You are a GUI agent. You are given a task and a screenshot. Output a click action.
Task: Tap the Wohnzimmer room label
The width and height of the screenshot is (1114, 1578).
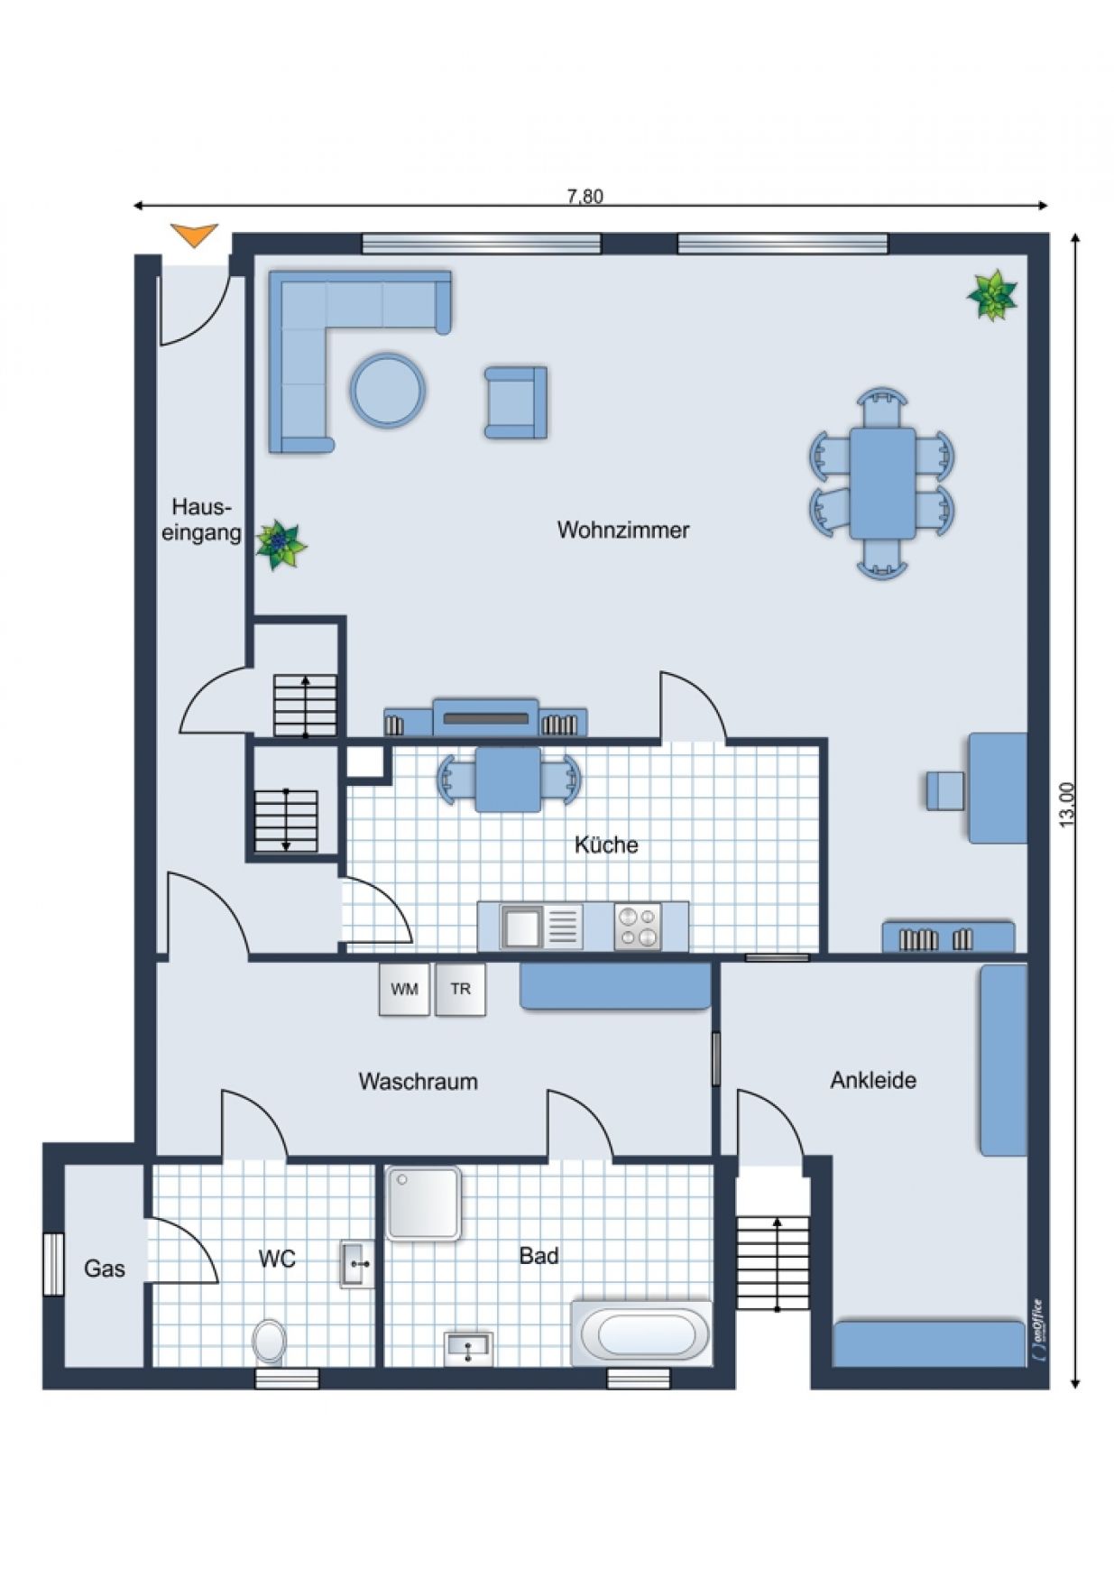(x=623, y=530)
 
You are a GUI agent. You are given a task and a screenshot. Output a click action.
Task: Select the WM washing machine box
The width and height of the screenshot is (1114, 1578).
(x=404, y=989)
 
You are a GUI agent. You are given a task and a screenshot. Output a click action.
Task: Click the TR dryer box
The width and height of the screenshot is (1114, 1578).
(x=460, y=989)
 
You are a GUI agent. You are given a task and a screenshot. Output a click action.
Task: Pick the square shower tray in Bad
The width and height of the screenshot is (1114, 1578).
(x=424, y=1203)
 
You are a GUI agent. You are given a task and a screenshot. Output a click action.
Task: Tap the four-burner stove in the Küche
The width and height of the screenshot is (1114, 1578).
(x=637, y=927)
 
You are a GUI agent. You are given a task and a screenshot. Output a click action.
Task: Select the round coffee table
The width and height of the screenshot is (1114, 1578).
(x=388, y=390)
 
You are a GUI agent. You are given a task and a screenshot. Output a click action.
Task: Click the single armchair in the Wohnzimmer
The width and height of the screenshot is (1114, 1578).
(x=516, y=402)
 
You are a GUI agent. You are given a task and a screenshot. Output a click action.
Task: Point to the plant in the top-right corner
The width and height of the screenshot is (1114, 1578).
(x=992, y=295)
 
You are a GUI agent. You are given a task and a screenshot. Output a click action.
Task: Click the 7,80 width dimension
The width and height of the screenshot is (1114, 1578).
(x=585, y=197)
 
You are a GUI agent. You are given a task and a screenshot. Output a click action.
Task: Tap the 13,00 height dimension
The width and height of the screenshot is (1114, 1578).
(x=1067, y=804)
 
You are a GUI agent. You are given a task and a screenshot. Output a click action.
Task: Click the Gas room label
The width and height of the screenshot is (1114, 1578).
(x=105, y=1269)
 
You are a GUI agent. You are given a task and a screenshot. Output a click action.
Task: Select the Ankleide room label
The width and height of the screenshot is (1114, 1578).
(x=873, y=1080)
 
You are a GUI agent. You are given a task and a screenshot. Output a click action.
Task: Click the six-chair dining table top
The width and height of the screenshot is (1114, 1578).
(x=882, y=484)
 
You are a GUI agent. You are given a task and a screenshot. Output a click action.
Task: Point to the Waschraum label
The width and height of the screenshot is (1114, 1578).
(x=418, y=1081)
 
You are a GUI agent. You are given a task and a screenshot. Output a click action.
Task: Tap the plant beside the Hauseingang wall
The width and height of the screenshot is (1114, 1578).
(x=281, y=544)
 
